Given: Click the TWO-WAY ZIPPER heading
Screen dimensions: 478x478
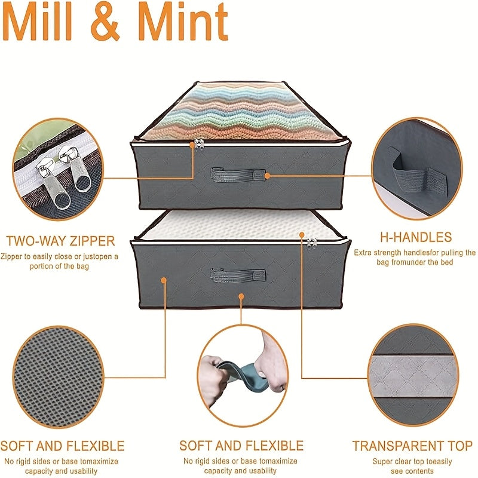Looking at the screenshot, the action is [60, 241].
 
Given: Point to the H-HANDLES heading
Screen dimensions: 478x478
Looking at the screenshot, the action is [416, 237].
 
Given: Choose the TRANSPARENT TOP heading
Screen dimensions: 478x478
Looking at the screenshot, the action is [412, 446].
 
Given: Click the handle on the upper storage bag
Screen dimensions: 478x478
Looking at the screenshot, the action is [237, 175].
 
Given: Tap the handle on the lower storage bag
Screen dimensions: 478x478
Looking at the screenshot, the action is [238, 275].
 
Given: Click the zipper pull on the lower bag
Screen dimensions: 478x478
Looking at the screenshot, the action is [312, 244].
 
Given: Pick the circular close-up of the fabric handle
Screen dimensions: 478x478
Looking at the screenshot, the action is [416, 169].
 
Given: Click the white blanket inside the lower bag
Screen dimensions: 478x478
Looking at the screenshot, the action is [241, 225].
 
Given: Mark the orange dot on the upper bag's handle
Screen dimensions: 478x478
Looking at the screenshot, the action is [267, 176].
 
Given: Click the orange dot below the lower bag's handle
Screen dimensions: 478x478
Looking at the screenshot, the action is [241, 296].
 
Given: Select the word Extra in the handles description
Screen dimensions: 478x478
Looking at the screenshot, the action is [363, 253].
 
